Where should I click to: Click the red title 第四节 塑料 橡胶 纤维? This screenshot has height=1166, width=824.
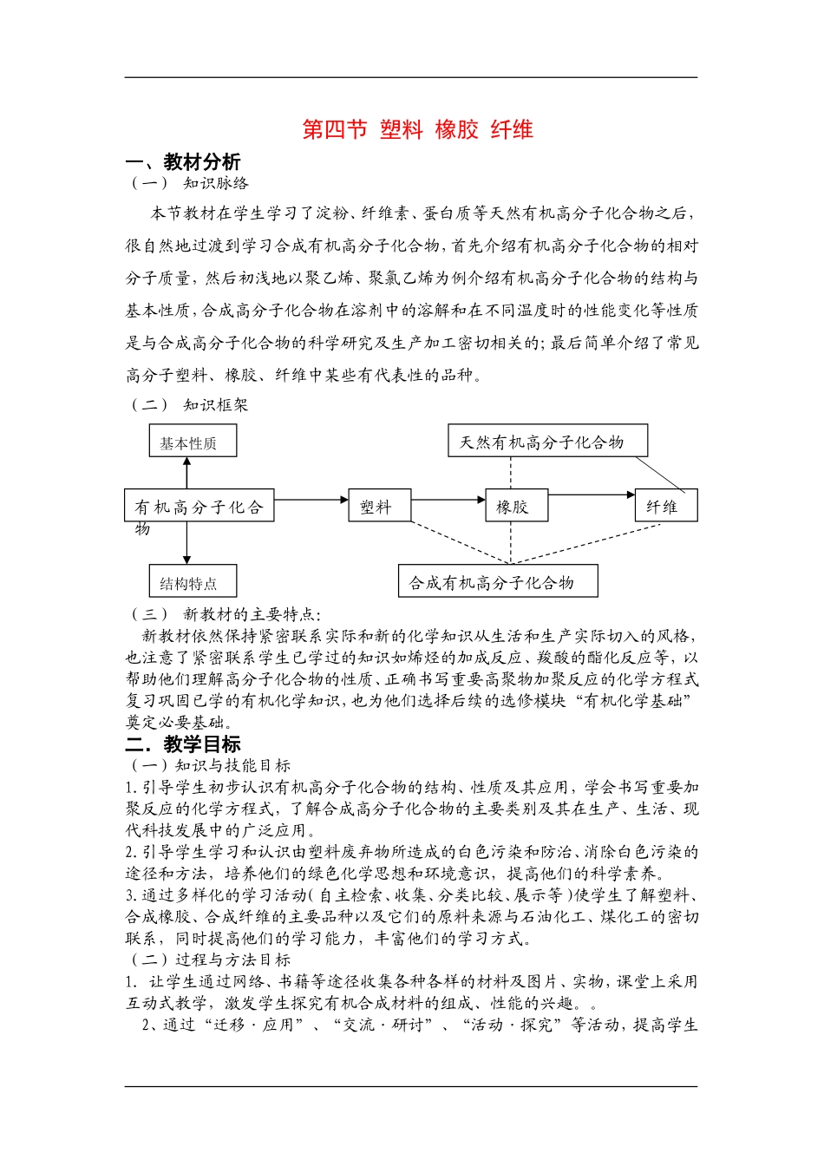[x=417, y=130]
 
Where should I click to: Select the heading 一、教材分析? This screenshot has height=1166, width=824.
[x=183, y=162]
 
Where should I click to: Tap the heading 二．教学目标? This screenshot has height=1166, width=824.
[x=183, y=744]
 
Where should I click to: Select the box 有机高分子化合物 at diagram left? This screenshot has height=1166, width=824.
[x=199, y=505]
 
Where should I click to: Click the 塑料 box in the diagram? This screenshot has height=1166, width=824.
[x=378, y=505]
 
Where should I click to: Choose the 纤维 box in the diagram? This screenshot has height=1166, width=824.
[x=665, y=506]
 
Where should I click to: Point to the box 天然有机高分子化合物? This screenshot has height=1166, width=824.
[x=547, y=441]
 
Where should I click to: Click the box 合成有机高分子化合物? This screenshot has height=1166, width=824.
[x=498, y=581]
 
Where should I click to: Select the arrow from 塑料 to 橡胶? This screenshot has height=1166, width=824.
[x=448, y=500]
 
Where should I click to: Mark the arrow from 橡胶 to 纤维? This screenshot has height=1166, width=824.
[x=592, y=495]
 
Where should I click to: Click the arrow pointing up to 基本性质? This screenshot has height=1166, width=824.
[x=186, y=472]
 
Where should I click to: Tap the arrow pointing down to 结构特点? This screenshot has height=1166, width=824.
[x=186, y=543]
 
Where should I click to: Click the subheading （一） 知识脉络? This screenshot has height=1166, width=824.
[x=189, y=183]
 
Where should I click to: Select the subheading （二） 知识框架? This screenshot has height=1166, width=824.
[x=189, y=404]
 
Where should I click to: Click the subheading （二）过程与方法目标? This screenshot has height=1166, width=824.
[x=211, y=960]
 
